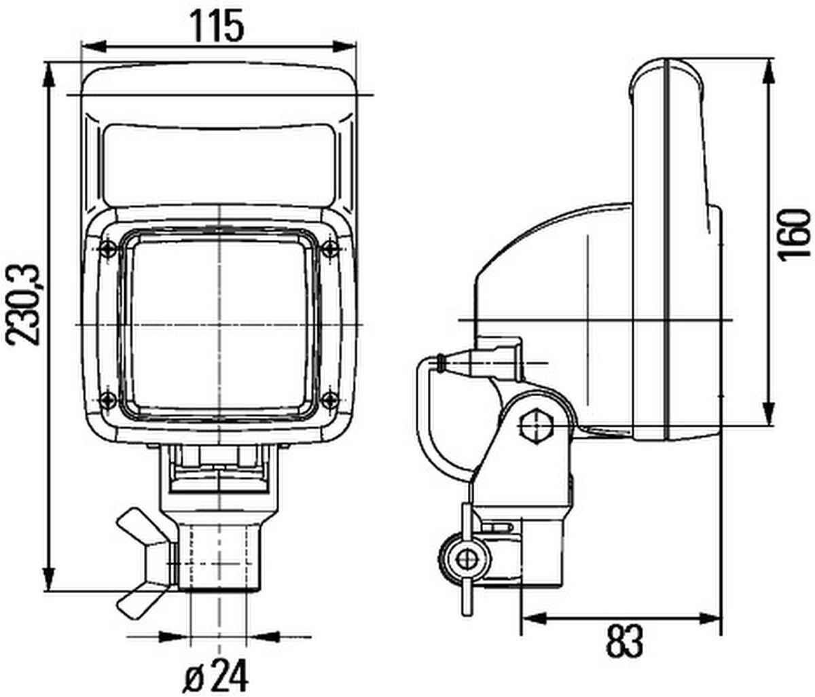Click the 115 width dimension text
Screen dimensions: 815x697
pos(217,26)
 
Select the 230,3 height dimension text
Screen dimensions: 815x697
pos(25,306)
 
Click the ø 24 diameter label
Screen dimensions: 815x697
pos(217,676)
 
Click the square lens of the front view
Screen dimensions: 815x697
pos(219,326)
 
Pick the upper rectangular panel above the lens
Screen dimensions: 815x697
pos(219,166)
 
